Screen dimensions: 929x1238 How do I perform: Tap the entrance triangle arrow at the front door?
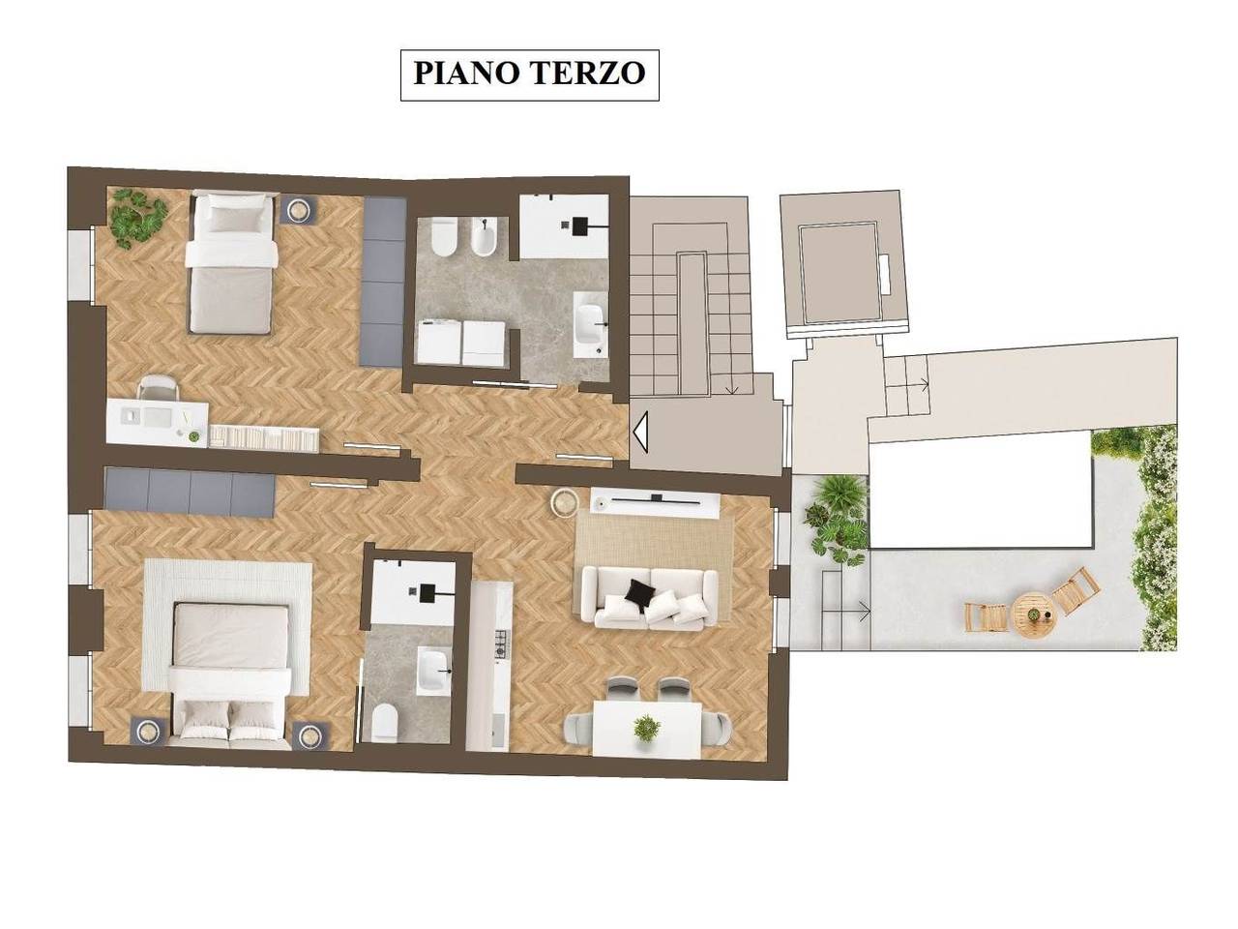640,432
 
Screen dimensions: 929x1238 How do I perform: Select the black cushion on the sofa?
637,591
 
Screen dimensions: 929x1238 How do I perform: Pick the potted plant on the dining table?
645,726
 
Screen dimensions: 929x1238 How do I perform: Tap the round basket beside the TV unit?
564,501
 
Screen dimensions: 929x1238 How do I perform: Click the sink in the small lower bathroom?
429,669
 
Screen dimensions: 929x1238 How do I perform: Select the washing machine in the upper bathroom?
441,344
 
